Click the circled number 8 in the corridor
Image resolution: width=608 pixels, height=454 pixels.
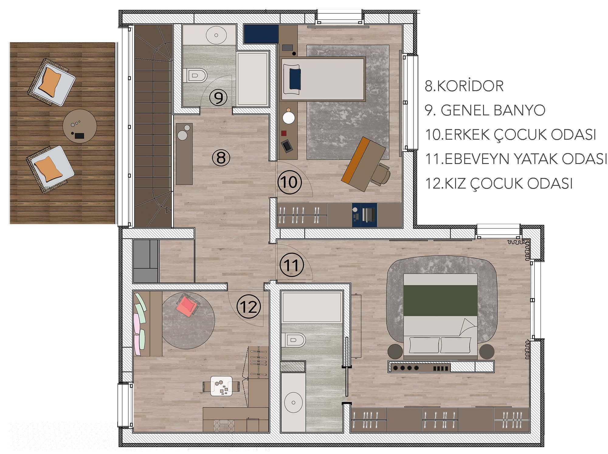[x=221, y=158]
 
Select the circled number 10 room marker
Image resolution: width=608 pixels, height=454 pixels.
[x=289, y=183]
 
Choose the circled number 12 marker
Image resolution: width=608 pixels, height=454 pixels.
[x=249, y=308]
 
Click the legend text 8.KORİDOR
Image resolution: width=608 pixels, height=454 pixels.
[x=464, y=86]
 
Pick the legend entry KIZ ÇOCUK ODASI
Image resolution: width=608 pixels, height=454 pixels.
[x=499, y=183]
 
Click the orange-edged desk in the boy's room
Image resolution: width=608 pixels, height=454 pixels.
[x=364, y=160]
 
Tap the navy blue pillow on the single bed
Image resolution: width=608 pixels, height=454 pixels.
[x=295, y=79]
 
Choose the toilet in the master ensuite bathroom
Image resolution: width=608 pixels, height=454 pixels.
[x=293, y=340]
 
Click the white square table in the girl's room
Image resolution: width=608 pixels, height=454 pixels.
[x=222, y=386]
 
